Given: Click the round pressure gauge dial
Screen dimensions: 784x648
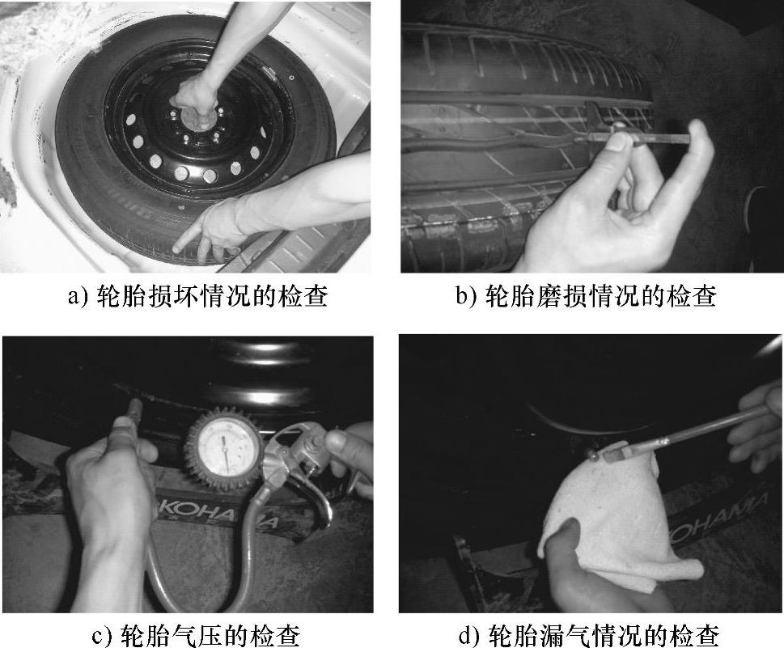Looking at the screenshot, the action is (223, 446).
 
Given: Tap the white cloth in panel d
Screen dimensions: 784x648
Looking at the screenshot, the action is (615, 520).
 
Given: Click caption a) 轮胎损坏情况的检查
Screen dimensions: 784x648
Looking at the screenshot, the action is (197, 296).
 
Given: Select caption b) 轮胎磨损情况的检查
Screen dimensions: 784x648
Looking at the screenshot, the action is (586, 296).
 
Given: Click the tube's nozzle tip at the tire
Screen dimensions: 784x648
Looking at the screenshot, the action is (592, 455).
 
